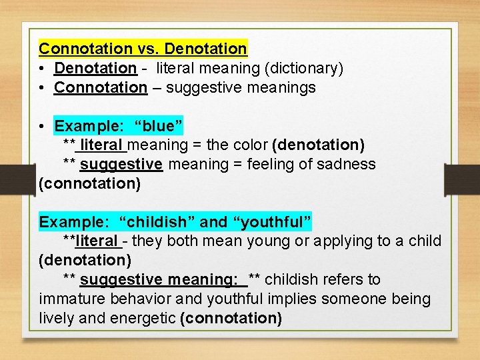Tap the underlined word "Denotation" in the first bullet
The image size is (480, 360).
pos(95,68)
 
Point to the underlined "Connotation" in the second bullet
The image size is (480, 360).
pos(100,87)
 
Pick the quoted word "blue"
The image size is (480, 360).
pos(158,126)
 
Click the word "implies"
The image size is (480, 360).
pos(279,299)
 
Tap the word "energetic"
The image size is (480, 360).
pos(143,318)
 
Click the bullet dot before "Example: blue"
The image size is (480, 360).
pos(43,126)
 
